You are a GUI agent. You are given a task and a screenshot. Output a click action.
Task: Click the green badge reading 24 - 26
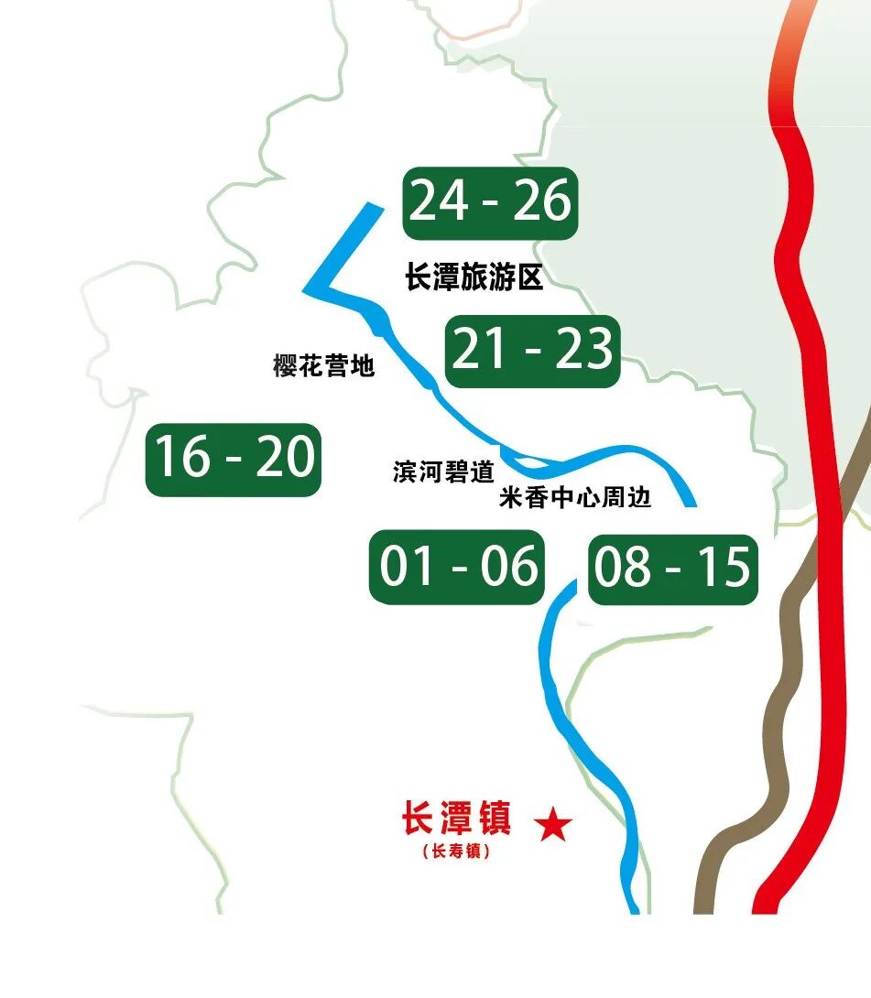[490, 203]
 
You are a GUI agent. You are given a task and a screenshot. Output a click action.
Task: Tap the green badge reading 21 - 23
[532, 351]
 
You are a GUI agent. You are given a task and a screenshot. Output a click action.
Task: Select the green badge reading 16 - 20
[234, 459]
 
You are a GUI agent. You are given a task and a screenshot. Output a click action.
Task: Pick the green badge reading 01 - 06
[458, 568]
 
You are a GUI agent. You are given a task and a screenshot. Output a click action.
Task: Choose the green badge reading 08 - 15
[672, 570]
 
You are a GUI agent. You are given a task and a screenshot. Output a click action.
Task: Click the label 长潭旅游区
[474, 277]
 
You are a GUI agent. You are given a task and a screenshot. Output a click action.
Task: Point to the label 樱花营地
[324, 365]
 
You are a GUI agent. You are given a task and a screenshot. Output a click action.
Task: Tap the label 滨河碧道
[443, 472]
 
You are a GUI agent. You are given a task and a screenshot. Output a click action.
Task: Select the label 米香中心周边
[575, 498]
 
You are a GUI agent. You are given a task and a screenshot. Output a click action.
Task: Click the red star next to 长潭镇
[553, 826]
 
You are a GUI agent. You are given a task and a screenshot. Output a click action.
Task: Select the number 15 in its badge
[724, 568]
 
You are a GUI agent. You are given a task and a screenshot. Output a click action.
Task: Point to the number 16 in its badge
[180, 458]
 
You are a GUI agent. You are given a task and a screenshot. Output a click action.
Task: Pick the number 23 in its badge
[583, 350]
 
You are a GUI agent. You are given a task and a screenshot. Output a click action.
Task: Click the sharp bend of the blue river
[309, 289]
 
